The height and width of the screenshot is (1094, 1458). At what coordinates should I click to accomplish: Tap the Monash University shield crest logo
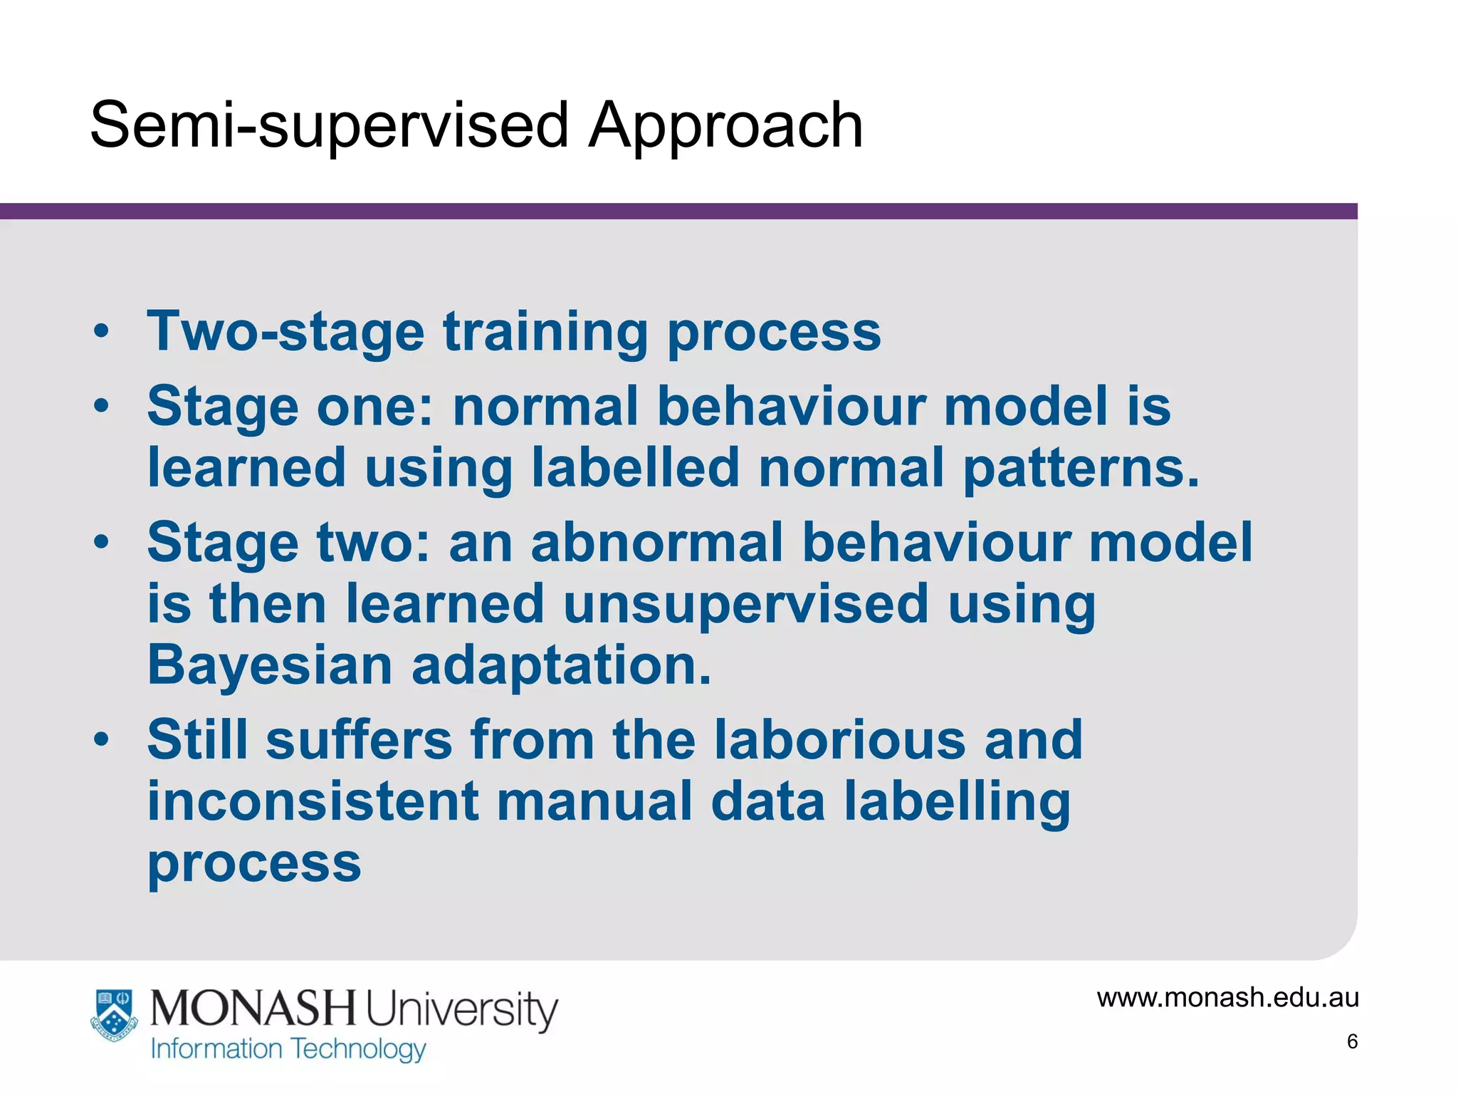(114, 1015)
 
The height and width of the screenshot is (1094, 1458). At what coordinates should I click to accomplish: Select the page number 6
(1352, 1041)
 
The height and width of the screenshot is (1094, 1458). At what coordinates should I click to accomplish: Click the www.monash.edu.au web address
(1227, 997)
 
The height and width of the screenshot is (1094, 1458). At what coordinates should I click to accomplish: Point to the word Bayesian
(270, 665)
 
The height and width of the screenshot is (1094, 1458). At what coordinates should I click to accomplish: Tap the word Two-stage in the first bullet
(285, 332)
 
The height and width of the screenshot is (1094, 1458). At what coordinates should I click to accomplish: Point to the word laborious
(840, 739)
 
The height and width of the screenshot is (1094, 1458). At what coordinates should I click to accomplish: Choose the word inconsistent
(313, 801)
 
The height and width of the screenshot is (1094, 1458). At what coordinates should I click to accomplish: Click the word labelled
(636, 468)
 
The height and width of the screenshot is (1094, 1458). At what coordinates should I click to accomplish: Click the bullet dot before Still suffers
(102, 739)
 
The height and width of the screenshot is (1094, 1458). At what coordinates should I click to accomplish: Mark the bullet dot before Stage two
(102, 542)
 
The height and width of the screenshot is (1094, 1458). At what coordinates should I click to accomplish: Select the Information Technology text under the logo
(288, 1049)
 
